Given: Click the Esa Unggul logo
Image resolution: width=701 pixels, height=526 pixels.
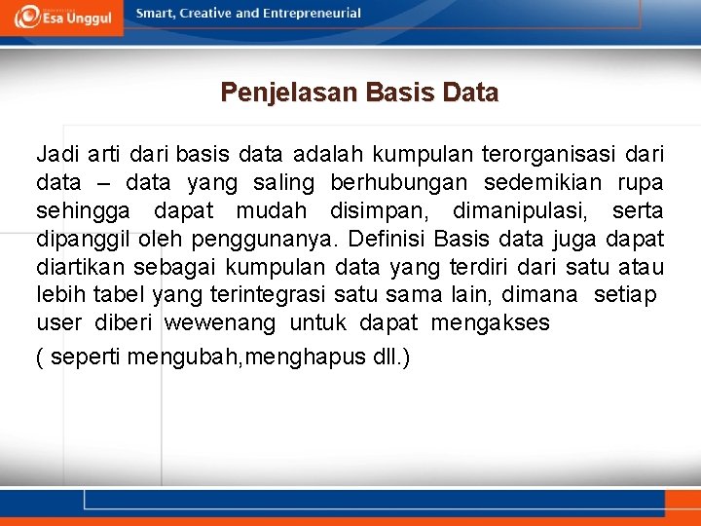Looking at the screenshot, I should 62,17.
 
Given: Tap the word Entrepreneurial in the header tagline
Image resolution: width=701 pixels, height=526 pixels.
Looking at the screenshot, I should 310,14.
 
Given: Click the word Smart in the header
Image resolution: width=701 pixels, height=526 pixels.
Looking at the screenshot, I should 157,14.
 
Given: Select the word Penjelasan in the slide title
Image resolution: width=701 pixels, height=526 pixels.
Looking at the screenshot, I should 289,94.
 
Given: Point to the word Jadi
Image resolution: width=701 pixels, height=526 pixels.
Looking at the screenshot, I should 58,155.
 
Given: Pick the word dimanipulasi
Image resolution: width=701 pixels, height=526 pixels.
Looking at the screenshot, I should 524,210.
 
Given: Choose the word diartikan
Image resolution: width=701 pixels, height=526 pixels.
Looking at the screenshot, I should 76,266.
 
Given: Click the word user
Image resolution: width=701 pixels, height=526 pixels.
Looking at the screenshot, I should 58,322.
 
